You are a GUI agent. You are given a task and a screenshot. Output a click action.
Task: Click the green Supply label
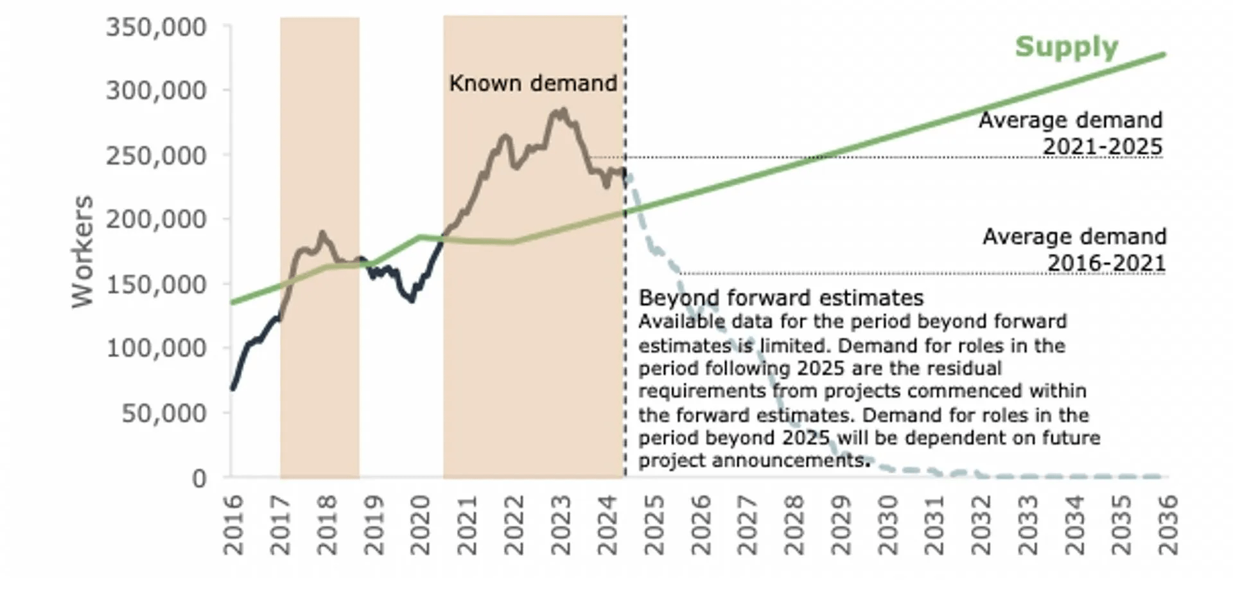pyautogui.click(x=1067, y=47)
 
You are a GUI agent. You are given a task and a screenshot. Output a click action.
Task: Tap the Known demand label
pyautogui.click(x=533, y=83)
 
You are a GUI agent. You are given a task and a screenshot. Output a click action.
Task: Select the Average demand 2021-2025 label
pyautogui.click(x=1071, y=133)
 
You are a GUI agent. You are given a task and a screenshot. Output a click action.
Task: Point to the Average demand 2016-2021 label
pyautogui.click(x=1074, y=249)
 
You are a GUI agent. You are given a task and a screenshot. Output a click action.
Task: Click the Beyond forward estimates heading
pyautogui.click(x=781, y=297)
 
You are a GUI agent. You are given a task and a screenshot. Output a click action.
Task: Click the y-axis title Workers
pyautogui.click(x=83, y=251)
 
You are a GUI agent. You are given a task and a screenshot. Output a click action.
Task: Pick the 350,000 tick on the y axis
pyautogui.click(x=156, y=27)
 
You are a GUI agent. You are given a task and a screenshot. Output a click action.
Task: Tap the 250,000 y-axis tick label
pyautogui.click(x=156, y=155)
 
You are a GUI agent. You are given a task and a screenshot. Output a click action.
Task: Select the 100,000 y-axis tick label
pyautogui.click(x=156, y=348)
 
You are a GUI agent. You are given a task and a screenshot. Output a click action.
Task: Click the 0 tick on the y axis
pyautogui.click(x=199, y=478)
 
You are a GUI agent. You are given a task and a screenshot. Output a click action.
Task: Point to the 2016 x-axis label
pyautogui.click(x=233, y=525)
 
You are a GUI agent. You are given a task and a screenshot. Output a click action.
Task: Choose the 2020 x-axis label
pyautogui.click(x=420, y=525)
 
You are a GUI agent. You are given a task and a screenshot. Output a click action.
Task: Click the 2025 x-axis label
pyautogui.click(x=654, y=525)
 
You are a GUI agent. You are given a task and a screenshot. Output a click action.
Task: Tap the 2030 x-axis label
pyautogui.click(x=888, y=525)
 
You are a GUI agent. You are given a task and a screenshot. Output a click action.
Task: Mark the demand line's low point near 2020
pyautogui.click(x=412, y=300)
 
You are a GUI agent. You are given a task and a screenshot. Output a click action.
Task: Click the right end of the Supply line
pyautogui.click(x=1164, y=55)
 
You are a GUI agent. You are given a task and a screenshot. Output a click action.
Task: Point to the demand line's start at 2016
pyautogui.click(x=233, y=388)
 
